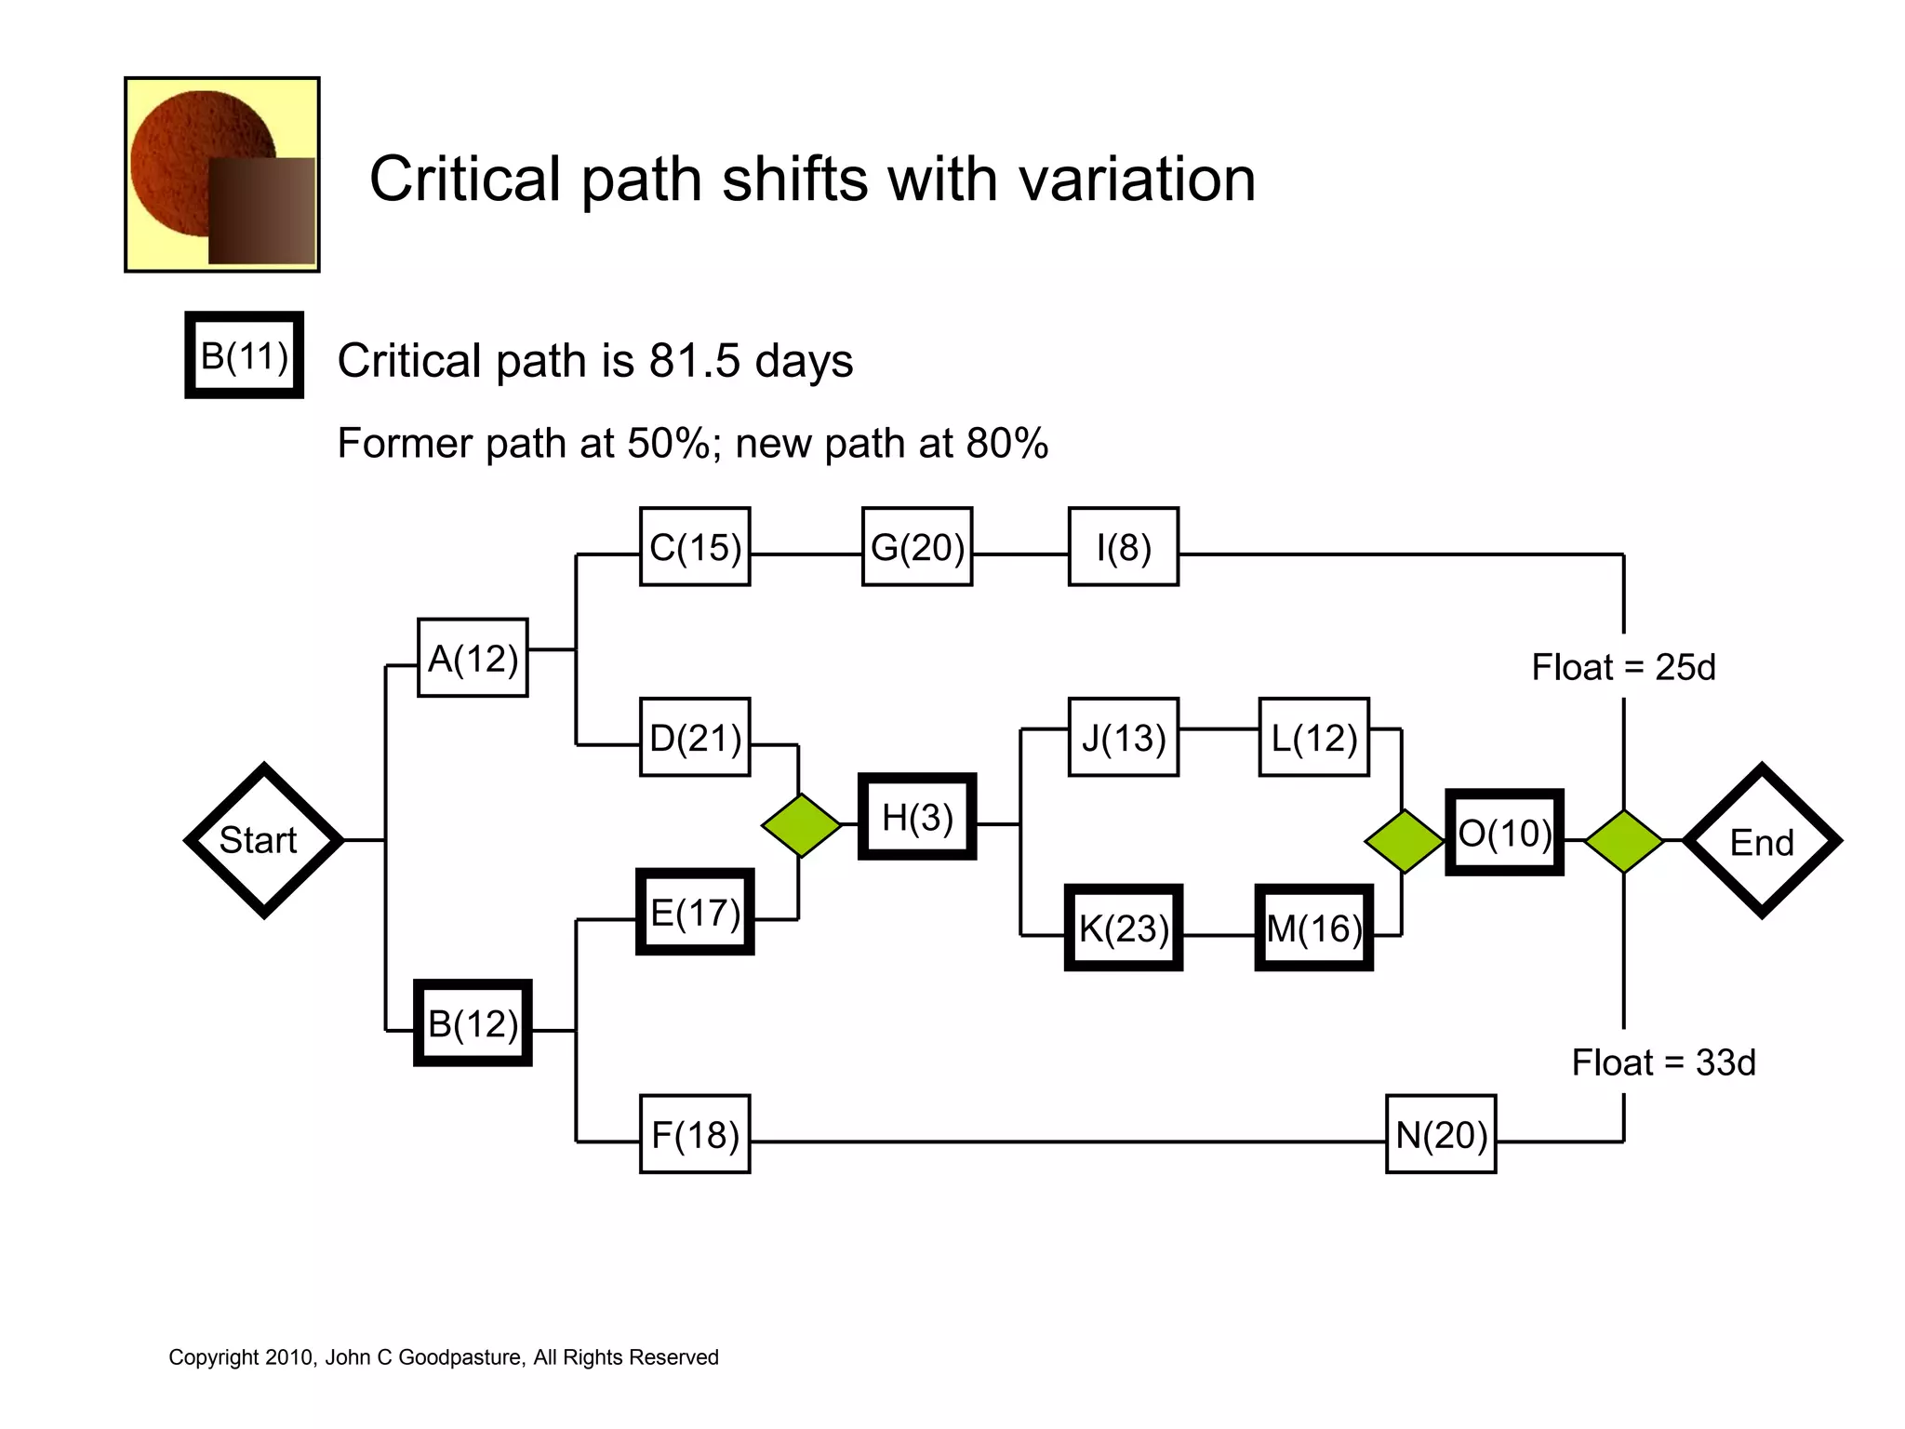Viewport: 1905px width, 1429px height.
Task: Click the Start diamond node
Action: click(264, 840)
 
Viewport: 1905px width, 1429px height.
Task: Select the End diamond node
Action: click(1762, 841)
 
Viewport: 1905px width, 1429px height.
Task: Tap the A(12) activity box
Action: click(473, 658)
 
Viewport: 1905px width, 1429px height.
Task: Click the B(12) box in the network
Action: click(473, 1022)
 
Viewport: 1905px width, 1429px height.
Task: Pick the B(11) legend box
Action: click(245, 355)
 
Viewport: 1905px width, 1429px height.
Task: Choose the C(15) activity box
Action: click(695, 547)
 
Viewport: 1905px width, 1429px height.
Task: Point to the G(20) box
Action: click(917, 547)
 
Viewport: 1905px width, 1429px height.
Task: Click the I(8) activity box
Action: click(1124, 547)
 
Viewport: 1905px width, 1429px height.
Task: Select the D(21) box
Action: click(695, 737)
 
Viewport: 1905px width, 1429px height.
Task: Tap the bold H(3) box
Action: click(917, 817)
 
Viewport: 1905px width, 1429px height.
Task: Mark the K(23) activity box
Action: click(1124, 928)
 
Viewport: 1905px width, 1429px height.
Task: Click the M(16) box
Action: click(1313, 928)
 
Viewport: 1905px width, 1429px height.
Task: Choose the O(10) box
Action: click(1504, 833)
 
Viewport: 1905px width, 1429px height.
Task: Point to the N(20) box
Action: click(1441, 1134)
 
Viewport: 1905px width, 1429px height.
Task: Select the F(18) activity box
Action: click(695, 1134)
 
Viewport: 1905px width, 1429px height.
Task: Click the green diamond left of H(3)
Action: click(801, 824)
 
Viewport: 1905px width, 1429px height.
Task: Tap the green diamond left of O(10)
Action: click(1404, 841)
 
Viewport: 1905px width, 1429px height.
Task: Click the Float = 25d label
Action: click(1623, 667)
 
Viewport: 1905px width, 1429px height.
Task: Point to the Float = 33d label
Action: click(1663, 1062)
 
